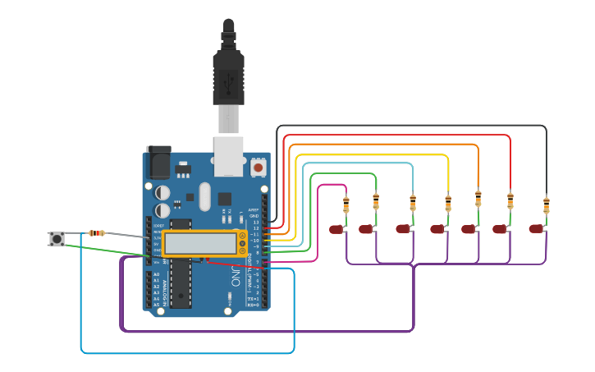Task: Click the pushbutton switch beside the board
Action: [57, 239]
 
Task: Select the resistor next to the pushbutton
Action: [96, 233]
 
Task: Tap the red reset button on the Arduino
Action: [259, 167]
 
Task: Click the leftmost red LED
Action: [336, 229]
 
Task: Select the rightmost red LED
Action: [536, 229]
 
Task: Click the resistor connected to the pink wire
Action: [346, 204]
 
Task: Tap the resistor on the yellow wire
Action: [448, 202]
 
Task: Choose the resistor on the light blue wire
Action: [412, 202]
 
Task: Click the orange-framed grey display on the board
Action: [200, 243]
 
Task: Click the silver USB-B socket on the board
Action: [229, 156]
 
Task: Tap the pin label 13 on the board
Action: [255, 223]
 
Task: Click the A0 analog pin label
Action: [156, 274]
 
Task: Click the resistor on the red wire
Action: [510, 201]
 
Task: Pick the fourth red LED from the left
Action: [437, 229]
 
